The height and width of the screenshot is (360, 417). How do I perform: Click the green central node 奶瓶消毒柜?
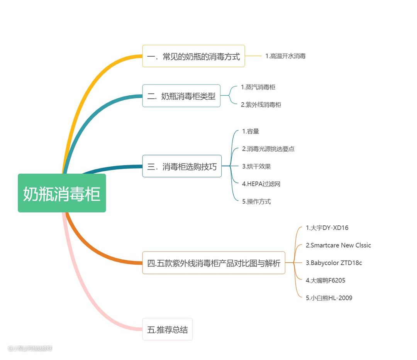point(62,193)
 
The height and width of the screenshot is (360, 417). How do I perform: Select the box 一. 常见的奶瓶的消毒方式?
point(193,56)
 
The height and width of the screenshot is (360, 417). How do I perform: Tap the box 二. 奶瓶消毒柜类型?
point(181,96)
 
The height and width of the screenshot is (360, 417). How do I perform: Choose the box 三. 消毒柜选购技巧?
point(182,166)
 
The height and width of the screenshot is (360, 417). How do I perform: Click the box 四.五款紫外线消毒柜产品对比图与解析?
point(214,263)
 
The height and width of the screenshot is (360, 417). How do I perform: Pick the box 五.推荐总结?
point(167,330)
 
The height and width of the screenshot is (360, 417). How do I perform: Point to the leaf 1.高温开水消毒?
point(285,56)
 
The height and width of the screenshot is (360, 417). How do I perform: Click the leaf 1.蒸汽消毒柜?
point(258,87)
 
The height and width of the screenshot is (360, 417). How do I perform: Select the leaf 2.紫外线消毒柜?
point(261,105)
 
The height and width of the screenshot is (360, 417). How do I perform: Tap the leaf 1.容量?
point(251,132)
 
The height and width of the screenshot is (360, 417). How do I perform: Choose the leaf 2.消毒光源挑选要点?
point(268,149)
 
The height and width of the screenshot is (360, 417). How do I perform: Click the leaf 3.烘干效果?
point(256,166)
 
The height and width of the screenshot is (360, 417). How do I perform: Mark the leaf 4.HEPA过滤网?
point(261,184)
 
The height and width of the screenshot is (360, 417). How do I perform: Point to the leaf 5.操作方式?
point(256,201)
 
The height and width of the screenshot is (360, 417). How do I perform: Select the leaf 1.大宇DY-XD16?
point(327,228)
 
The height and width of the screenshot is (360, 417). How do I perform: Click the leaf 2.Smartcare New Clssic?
point(338,245)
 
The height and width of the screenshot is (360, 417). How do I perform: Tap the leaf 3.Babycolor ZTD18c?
point(334,263)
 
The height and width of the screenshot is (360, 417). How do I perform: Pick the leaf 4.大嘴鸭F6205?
point(325,281)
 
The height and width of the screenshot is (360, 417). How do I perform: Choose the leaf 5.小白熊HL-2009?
point(329,298)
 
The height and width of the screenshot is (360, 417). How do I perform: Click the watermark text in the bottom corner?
point(30,348)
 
